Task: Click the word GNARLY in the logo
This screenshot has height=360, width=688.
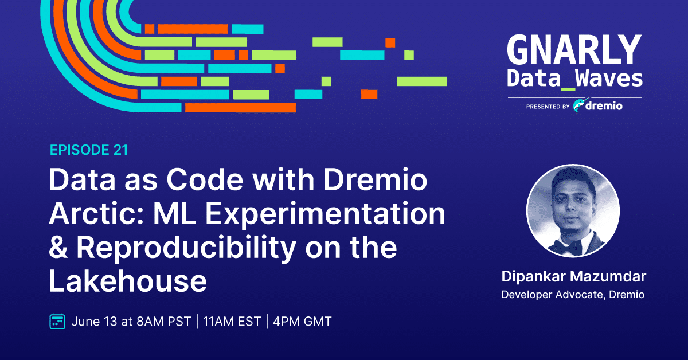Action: click(574, 50)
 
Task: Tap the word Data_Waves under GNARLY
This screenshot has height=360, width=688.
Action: click(574, 79)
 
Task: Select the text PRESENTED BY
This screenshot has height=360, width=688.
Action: click(548, 107)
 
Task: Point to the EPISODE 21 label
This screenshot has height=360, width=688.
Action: click(89, 150)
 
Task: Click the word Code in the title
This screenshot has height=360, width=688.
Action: click(205, 179)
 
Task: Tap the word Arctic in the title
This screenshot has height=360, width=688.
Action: click(96, 213)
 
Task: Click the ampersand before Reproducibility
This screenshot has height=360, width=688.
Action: click(58, 248)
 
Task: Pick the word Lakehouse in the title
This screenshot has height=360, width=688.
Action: click(128, 281)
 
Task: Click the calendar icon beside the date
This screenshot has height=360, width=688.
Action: click(57, 321)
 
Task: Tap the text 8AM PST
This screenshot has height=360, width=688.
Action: click(164, 322)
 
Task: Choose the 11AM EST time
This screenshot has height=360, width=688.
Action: click(232, 322)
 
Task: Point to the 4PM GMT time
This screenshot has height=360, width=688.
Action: click(302, 322)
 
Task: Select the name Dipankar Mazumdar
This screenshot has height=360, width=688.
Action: click(574, 276)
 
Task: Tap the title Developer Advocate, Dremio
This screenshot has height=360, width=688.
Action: click(573, 295)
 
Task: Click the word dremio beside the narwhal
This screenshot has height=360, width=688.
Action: click(604, 106)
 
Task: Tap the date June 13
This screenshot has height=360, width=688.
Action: click(94, 322)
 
